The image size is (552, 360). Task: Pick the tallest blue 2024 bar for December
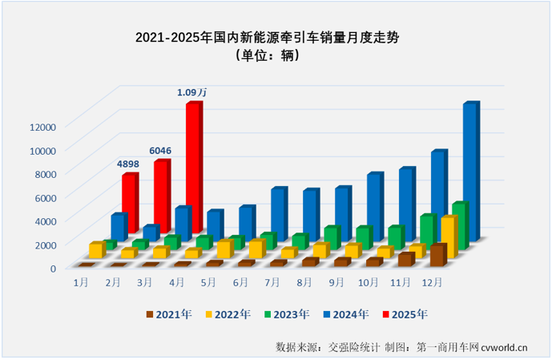click(470, 172)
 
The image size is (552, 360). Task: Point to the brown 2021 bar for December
click(437, 256)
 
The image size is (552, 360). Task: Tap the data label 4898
click(129, 164)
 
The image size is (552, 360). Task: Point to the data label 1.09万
click(192, 93)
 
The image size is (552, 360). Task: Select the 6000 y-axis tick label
click(44, 197)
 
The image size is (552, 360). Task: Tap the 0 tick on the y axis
click(53, 268)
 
